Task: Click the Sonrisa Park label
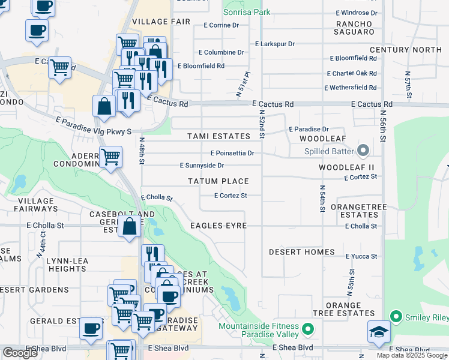pyautogui.click(x=246, y=12)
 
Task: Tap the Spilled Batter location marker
pyautogui.click(x=363, y=149)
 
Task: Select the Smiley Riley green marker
pyautogui.click(x=396, y=316)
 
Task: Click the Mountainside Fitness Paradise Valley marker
pyautogui.click(x=308, y=329)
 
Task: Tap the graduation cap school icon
pyautogui.click(x=379, y=332)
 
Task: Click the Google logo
pyautogui.click(x=20, y=353)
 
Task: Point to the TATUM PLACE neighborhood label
pyautogui.click(x=218, y=181)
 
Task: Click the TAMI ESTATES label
pyautogui.click(x=218, y=137)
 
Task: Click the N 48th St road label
pyautogui.click(x=142, y=154)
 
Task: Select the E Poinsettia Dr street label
pyautogui.click(x=232, y=153)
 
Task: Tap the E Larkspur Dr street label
pyautogui.click(x=275, y=44)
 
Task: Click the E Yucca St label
pyautogui.click(x=361, y=256)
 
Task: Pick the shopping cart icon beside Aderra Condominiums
pyautogui.click(x=110, y=158)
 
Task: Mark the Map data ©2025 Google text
pyautogui.click(x=412, y=355)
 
